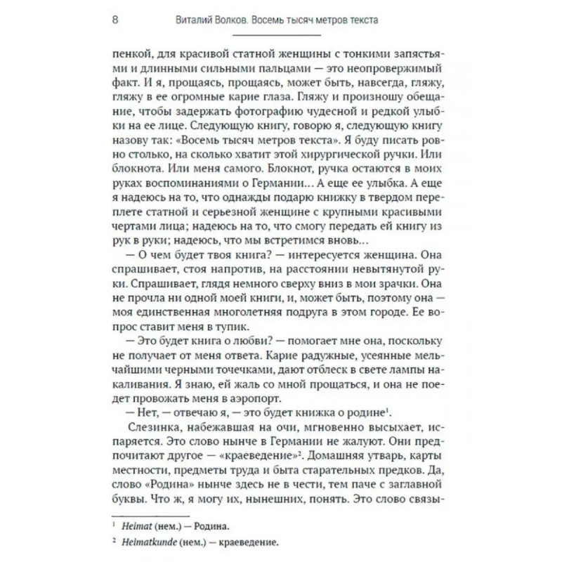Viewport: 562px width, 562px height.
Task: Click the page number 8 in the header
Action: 115,20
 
